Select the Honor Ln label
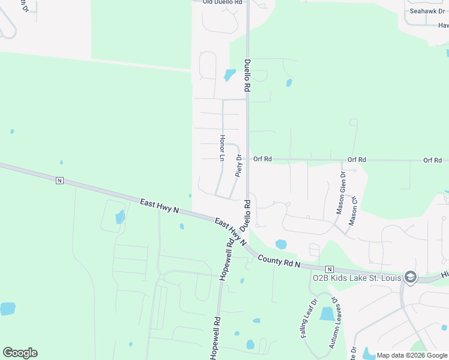(x=221, y=148)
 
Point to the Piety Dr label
(x=238, y=166)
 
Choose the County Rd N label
(x=279, y=261)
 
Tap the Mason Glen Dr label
(x=340, y=194)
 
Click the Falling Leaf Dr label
(x=308, y=318)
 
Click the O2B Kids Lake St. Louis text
(x=358, y=277)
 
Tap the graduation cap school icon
(x=410, y=277)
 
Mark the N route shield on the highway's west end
(x=59, y=180)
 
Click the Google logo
(x=20, y=353)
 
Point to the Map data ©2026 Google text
(x=412, y=355)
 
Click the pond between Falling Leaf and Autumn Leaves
(x=327, y=314)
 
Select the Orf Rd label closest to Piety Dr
(x=262, y=159)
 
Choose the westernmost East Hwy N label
(x=160, y=205)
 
